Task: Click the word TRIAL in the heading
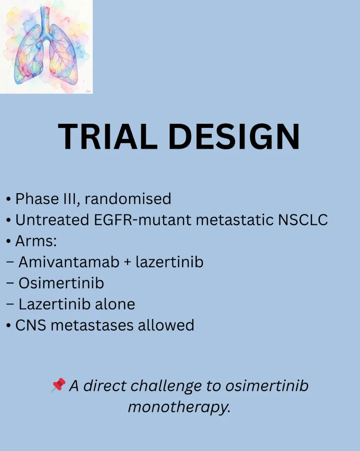point(108,136)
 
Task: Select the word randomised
point(128,199)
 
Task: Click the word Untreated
point(52,220)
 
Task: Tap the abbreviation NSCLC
point(303,220)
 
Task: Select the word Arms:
point(36,241)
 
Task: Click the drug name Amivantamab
point(69,262)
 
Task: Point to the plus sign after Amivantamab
point(127,262)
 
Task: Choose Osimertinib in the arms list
point(61,283)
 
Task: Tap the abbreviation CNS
point(30,325)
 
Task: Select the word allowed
point(166,325)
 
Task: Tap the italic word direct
point(104,386)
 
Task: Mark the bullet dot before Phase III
point(9,199)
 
